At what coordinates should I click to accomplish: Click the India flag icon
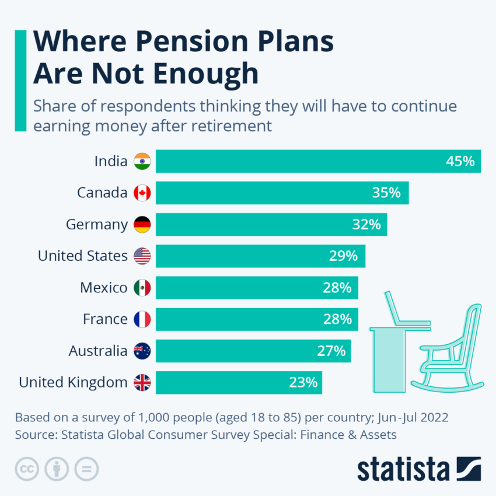click(x=142, y=162)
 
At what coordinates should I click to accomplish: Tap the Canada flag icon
click(x=142, y=193)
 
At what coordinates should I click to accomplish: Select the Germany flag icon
click(x=142, y=225)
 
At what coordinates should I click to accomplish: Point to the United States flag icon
click(x=142, y=256)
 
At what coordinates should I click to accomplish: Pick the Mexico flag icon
click(x=142, y=288)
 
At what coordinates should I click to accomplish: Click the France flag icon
click(x=142, y=319)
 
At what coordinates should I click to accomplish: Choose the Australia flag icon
click(x=142, y=351)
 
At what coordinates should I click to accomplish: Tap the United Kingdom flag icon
click(x=142, y=382)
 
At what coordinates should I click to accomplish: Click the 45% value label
click(x=460, y=162)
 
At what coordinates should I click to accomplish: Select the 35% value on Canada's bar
click(x=386, y=193)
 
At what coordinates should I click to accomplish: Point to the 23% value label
click(x=303, y=383)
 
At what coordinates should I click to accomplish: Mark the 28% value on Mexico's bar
click(x=337, y=288)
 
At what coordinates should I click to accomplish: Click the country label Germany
click(x=96, y=225)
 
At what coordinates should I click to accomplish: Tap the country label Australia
click(x=97, y=351)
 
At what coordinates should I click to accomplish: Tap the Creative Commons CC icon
click(x=27, y=469)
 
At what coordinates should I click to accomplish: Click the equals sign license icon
click(x=86, y=469)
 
